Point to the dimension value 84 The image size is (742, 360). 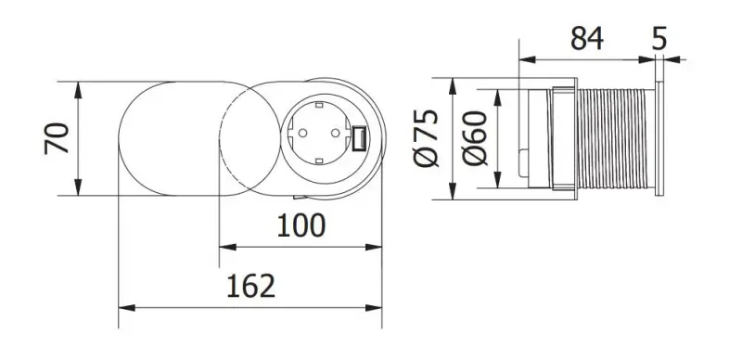point(586,38)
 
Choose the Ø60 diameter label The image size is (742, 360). point(473,140)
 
